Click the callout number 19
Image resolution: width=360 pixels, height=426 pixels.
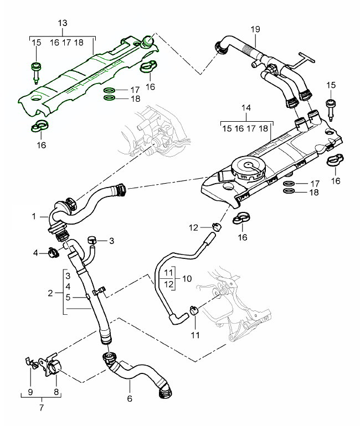click(255, 29)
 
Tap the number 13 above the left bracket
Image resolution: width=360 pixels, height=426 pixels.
click(63, 23)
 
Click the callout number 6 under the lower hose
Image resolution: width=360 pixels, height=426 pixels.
click(130, 398)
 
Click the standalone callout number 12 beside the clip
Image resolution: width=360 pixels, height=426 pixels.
click(193, 227)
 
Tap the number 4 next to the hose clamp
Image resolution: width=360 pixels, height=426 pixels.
click(35, 253)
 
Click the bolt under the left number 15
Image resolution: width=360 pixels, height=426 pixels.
click(36, 70)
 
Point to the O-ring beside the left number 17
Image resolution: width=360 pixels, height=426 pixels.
click(110, 90)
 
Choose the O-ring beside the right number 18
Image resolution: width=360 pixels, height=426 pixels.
click(289, 191)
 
